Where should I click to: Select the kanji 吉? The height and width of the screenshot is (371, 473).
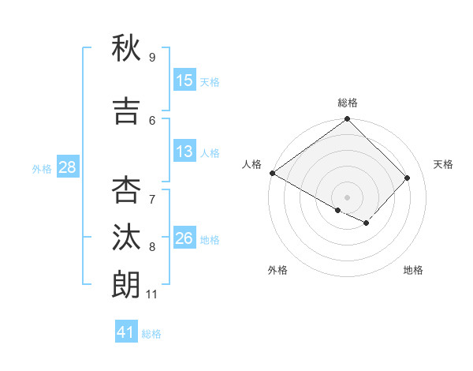(x=126, y=111)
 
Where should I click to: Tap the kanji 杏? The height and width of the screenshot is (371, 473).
(x=126, y=189)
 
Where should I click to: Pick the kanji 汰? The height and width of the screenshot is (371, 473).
(x=126, y=237)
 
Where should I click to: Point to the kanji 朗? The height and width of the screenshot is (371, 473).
(x=126, y=283)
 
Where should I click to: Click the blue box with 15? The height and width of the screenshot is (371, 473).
(x=184, y=81)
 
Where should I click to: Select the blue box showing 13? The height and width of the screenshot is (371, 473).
(x=184, y=152)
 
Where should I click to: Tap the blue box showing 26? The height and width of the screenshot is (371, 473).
(x=184, y=239)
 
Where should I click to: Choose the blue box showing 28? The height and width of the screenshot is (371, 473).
(x=66, y=167)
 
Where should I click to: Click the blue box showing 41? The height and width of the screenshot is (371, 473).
(x=126, y=332)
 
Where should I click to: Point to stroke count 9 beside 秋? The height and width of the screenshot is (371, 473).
(x=152, y=58)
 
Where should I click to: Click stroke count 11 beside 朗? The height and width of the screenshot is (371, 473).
(x=152, y=294)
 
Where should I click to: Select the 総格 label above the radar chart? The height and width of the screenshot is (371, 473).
(x=348, y=103)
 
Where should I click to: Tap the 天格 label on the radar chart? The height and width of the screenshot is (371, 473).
(x=443, y=164)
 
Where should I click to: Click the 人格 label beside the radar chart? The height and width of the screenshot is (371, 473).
(x=252, y=164)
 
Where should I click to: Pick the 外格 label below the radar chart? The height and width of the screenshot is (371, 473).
(x=277, y=271)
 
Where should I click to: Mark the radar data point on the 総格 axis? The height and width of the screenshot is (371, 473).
(x=348, y=119)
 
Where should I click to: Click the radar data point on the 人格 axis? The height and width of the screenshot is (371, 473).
(x=272, y=173)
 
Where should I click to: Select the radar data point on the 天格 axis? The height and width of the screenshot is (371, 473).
(x=408, y=178)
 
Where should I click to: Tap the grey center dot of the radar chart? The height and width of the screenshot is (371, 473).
(x=348, y=197)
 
